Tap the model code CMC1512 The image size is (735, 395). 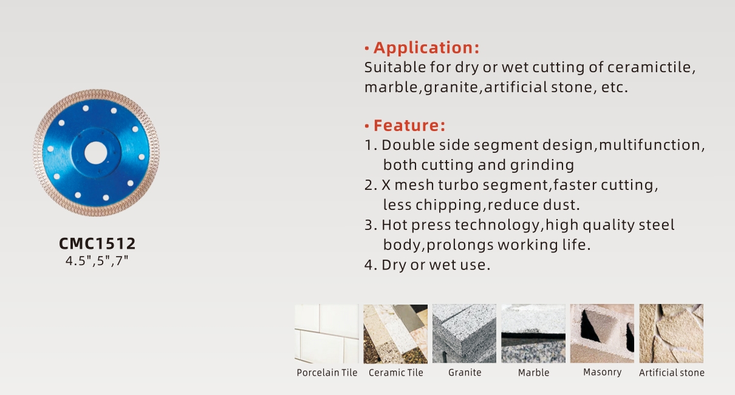tap(97, 243)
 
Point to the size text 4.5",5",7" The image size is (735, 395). tap(97, 261)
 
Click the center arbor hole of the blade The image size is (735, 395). tap(95, 153)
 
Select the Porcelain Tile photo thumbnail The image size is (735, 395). tap(327, 334)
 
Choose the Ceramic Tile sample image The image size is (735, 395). tap(395, 334)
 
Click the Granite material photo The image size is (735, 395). tap(464, 334)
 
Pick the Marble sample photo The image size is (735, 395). tap(533, 334)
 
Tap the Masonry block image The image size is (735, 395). tap(602, 334)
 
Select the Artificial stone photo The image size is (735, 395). tap(671, 334)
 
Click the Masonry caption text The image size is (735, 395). tap(603, 373)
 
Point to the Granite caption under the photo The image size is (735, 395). tap(465, 373)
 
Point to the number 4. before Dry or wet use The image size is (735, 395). tap(371, 265)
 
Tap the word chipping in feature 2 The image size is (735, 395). tap(449, 206)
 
